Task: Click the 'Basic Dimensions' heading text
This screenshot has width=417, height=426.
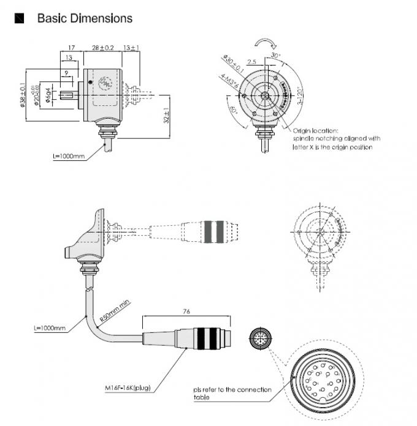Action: coord(85,18)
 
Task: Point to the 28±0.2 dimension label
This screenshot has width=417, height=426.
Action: coord(103,47)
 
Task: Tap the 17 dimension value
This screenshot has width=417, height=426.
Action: coord(71,47)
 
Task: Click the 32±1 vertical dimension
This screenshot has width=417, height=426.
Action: coord(167,116)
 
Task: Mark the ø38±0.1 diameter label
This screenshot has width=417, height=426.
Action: coord(23,95)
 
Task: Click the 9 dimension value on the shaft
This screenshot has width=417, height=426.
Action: coord(66,73)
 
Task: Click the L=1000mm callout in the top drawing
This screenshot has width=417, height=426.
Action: coord(68,157)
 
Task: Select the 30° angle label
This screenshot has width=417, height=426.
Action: coord(275,56)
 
